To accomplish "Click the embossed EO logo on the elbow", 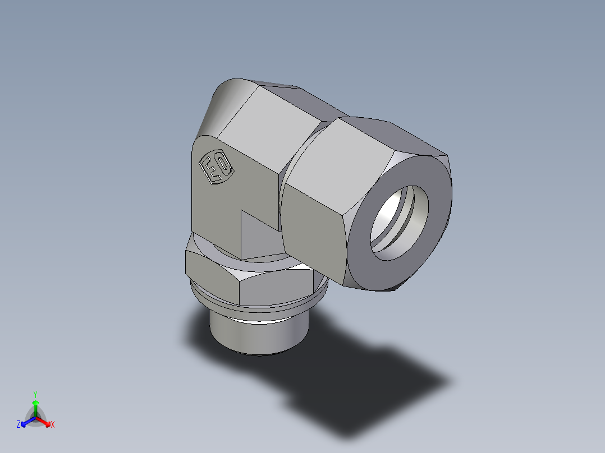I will click(216, 167).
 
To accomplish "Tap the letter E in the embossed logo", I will click(212, 170).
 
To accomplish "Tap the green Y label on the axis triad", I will click(35, 394).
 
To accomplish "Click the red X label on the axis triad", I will click(53, 425).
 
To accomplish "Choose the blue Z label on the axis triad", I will click(19, 425).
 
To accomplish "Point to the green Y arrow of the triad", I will click(35, 407).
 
